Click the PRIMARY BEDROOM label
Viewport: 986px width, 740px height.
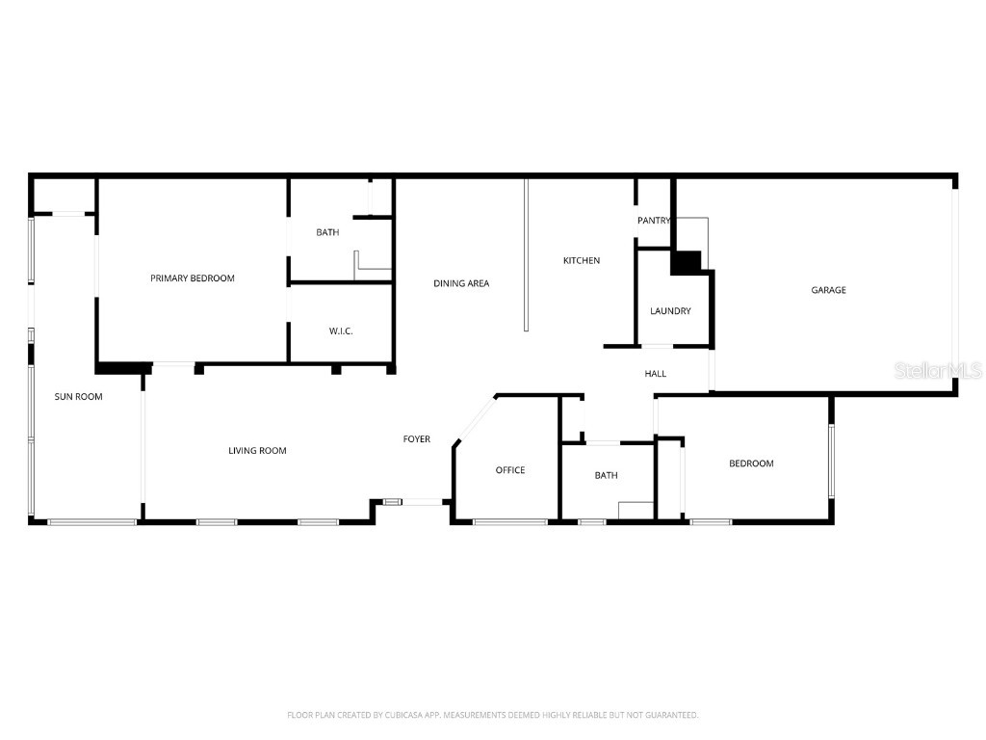tap(193, 278)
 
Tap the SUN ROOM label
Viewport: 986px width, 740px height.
tap(78, 396)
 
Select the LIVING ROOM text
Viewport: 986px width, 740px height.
tap(257, 451)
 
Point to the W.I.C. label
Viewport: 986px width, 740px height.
tap(341, 331)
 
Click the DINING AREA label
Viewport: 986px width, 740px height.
tap(461, 283)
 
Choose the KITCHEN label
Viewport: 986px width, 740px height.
tap(582, 260)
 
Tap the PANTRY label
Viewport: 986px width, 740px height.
tap(654, 221)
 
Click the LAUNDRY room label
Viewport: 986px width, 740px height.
tap(670, 311)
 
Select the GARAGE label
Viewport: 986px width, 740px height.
tap(828, 290)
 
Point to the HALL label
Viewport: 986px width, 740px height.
tap(655, 374)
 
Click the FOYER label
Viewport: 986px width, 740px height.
tap(416, 439)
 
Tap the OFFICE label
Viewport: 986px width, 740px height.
tap(510, 470)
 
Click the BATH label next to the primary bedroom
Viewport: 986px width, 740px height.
tap(327, 232)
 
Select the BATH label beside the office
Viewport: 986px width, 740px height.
tap(606, 475)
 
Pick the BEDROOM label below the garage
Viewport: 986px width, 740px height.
tap(751, 463)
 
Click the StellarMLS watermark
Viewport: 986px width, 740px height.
tap(937, 370)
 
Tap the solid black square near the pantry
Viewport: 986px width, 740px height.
tap(686, 262)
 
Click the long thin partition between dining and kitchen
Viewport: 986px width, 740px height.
tap(526, 255)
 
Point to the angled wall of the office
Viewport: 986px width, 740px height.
tap(474, 420)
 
